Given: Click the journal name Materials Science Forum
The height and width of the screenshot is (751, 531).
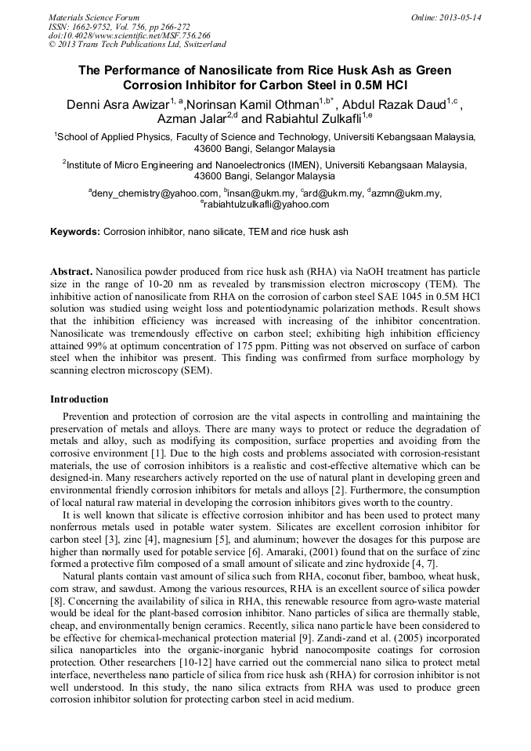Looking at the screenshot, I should [x=94, y=17].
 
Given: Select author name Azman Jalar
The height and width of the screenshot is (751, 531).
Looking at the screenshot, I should [x=192, y=119].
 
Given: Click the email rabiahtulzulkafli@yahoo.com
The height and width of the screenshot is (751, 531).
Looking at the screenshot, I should [x=266, y=204].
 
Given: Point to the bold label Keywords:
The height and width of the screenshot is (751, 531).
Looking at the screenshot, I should [x=75, y=232].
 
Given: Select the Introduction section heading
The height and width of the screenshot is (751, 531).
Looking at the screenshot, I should [x=79, y=399].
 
